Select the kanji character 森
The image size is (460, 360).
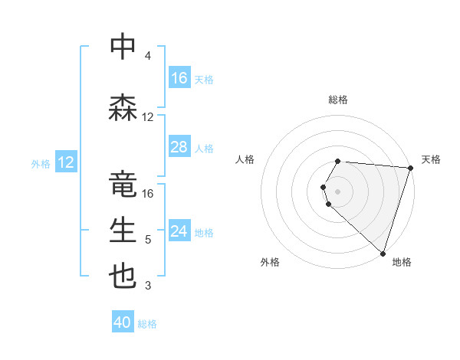pyautogui.click(x=123, y=107)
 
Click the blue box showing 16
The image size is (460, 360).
pyautogui.click(x=179, y=78)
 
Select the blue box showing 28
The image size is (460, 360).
pyautogui.click(x=179, y=147)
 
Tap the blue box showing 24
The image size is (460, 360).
pyautogui.click(x=179, y=231)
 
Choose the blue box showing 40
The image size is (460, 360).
pyautogui.click(x=123, y=323)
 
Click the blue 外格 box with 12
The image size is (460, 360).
pyautogui.click(x=65, y=162)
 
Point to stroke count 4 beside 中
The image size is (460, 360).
pyautogui.click(x=147, y=56)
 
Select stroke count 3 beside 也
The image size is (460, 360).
pyautogui.click(x=147, y=286)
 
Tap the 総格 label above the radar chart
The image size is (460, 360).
pyautogui.click(x=338, y=100)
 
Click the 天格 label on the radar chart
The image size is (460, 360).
pyautogui.click(x=431, y=159)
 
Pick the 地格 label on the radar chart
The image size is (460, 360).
pyautogui.click(x=402, y=262)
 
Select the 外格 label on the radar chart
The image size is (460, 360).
pyautogui.click(x=270, y=262)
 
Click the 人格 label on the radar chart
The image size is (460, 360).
pyautogui.click(x=245, y=159)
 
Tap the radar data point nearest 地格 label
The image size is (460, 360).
pyautogui.click(x=383, y=253)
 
